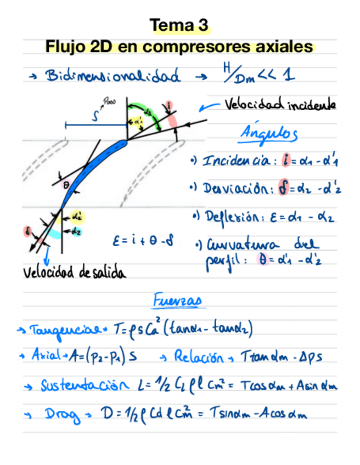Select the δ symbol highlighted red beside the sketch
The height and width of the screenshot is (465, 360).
[x=27, y=231]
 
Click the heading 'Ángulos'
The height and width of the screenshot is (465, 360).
[x=269, y=133]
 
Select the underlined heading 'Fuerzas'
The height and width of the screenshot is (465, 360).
[x=177, y=301]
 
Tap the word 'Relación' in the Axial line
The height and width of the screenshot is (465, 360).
[x=199, y=358]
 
